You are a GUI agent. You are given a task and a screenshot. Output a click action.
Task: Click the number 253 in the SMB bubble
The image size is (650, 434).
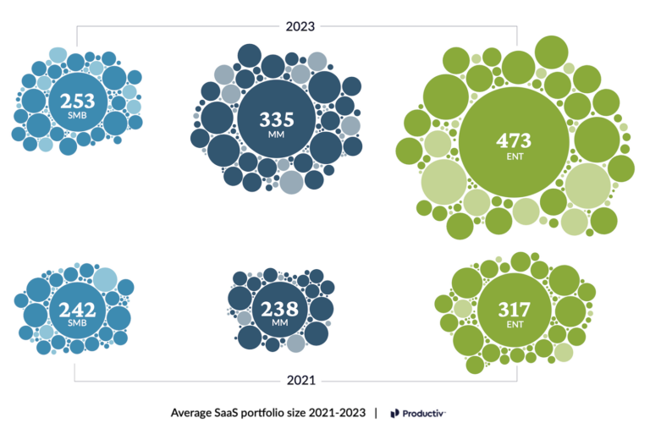point(77,101)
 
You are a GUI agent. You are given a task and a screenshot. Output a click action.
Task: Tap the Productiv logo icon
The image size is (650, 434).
point(395,413)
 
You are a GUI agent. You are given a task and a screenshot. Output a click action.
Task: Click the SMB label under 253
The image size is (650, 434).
point(77,115)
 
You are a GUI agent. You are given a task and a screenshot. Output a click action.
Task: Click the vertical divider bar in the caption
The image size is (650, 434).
point(376,413)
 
